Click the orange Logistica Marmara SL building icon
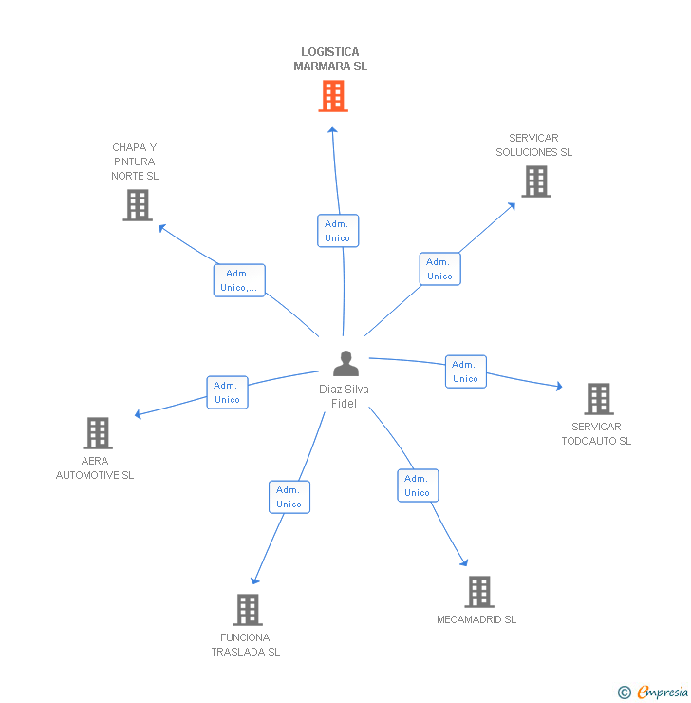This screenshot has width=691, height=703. [332, 96]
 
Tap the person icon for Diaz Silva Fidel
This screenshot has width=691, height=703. [346, 364]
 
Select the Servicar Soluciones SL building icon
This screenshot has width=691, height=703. [535, 181]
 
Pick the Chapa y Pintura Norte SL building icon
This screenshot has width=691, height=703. [138, 205]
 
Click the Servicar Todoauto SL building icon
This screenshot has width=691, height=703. [598, 399]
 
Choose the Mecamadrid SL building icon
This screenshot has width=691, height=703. [479, 592]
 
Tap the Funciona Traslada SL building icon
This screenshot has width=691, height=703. [248, 610]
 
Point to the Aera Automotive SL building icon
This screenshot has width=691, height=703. [98, 433]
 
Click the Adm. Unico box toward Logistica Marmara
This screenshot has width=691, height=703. [338, 231]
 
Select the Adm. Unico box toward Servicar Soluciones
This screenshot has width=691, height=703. [439, 269]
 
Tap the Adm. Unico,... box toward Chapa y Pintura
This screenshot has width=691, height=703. [239, 280]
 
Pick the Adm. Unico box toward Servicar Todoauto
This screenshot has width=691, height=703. [465, 371]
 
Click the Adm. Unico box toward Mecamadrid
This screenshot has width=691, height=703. [418, 485]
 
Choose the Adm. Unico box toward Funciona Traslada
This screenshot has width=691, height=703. [289, 497]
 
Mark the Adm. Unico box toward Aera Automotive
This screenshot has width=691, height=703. [227, 392]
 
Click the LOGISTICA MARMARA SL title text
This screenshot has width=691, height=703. [330, 60]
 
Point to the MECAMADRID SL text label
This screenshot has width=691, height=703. [476, 619]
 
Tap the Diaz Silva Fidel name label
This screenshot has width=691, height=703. [344, 396]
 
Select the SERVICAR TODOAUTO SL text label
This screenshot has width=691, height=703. [596, 434]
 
